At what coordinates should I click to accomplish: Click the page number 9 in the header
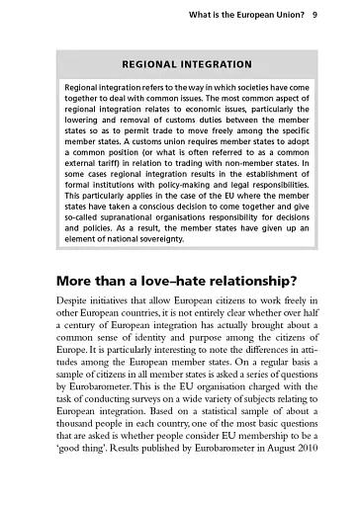pos(314,15)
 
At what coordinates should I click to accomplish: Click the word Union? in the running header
pos(283,15)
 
